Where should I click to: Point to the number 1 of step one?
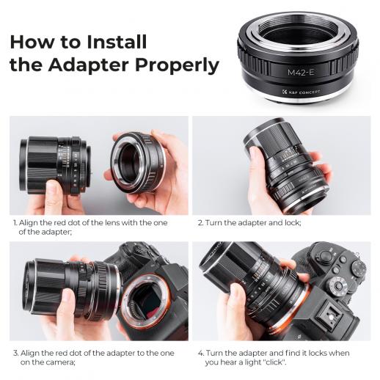pos(14,221)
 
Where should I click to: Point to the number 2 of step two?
pos(200,221)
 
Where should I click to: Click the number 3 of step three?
pos(14,351)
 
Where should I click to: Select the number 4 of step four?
pos(200,351)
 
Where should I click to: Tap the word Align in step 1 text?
pos(31,221)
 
